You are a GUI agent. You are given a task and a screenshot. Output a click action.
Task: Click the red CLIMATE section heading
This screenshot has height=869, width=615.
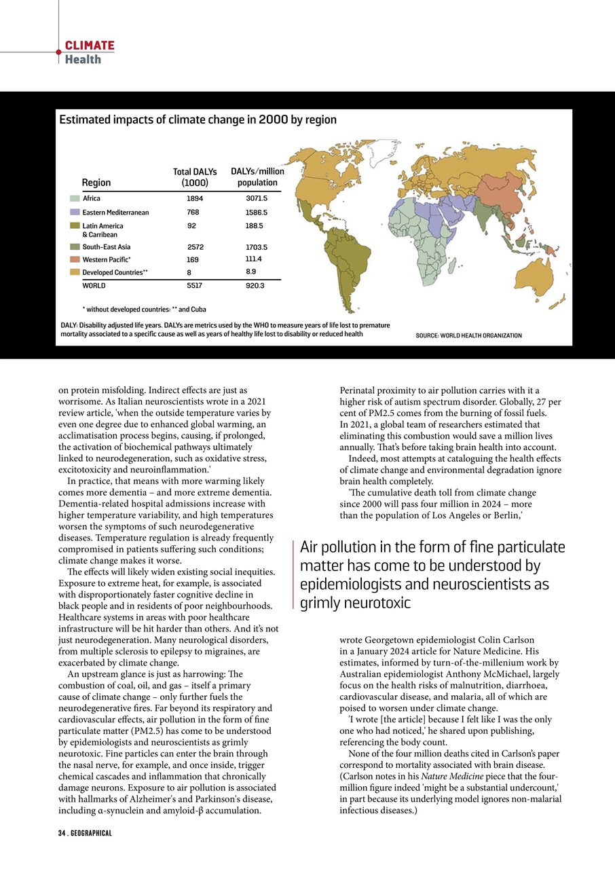click(90, 45)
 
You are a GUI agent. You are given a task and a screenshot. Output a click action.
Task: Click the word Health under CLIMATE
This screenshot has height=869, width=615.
click(83, 59)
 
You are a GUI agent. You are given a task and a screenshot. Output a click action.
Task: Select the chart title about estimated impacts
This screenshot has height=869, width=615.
click(198, 119)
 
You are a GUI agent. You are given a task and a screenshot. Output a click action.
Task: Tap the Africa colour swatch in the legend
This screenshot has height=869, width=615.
click(75, 198)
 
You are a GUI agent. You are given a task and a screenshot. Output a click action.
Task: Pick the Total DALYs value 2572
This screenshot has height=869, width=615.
click(195, 247)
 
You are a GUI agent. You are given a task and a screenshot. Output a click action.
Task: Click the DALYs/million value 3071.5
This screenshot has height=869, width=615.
click(257, 198)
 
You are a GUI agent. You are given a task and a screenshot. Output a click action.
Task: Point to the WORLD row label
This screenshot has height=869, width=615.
click(94, 286)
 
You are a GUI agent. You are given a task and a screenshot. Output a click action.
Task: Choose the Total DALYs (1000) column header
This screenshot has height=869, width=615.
click(195, 177)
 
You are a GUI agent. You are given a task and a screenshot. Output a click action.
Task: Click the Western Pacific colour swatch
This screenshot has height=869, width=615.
click(75, 259)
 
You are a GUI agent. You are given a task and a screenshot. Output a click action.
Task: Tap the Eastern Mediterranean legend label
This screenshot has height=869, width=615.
click(115, 212)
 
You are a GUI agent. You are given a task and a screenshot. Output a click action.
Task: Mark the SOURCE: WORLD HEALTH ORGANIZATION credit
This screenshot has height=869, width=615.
click(468, 335)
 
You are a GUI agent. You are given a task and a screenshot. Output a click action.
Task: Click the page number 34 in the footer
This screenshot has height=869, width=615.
click(61, 832)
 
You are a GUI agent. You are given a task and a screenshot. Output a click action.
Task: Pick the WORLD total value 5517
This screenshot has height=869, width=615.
click(195, 286)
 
